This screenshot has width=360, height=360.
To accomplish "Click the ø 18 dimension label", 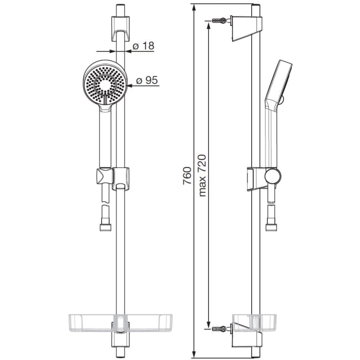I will point(144,46).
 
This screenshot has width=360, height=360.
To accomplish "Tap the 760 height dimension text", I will point(187,175).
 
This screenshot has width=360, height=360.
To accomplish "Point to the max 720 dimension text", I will point(202,175).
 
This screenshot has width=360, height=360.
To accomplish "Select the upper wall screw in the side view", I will point(218,21).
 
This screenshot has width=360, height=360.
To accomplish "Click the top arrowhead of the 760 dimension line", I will point(194,7).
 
